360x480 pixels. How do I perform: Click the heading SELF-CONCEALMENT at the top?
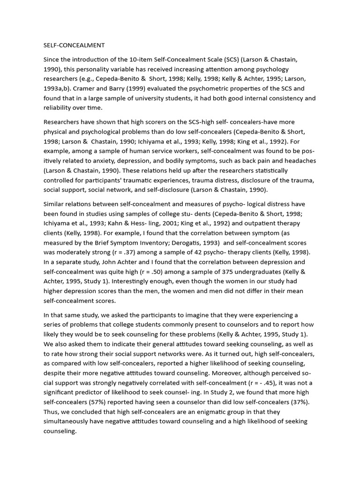[74, 45]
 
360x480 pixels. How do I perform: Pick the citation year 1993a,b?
[60, 88]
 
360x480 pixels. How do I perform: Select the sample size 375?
[234, 272]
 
